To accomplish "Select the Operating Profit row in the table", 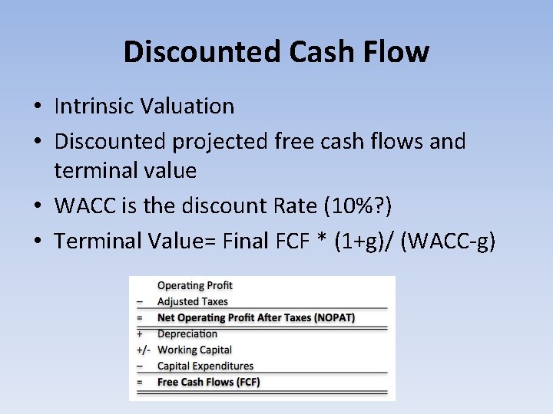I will point(194,286).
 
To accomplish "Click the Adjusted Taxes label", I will point(192,301).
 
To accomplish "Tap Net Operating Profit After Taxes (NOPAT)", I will point(256,317).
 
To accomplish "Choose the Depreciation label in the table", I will point(187,333).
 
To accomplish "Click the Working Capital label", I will point(194,350).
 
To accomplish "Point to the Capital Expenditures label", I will point(205,366).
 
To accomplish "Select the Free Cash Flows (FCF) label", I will point(208,382).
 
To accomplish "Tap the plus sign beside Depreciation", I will point(140,333).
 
